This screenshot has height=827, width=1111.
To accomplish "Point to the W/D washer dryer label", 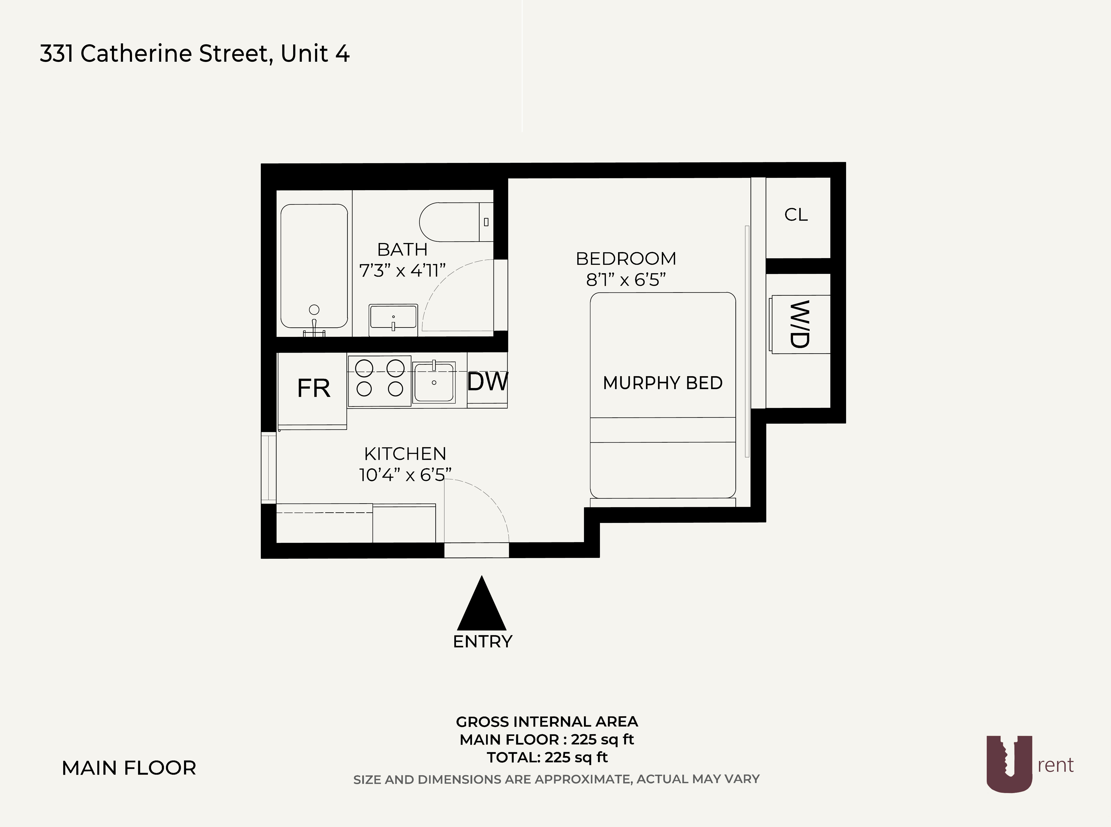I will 799,324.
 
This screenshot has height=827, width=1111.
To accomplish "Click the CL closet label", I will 796,215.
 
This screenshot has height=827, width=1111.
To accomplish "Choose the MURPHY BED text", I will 663,383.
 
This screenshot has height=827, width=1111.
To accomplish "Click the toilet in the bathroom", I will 450,222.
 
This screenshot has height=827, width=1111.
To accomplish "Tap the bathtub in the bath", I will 314,265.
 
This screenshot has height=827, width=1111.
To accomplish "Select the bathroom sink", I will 393,319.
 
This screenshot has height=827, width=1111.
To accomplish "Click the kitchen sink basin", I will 434,382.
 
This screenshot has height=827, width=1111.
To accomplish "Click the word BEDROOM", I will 626,259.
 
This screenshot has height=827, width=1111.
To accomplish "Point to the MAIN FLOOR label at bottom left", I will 129,768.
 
